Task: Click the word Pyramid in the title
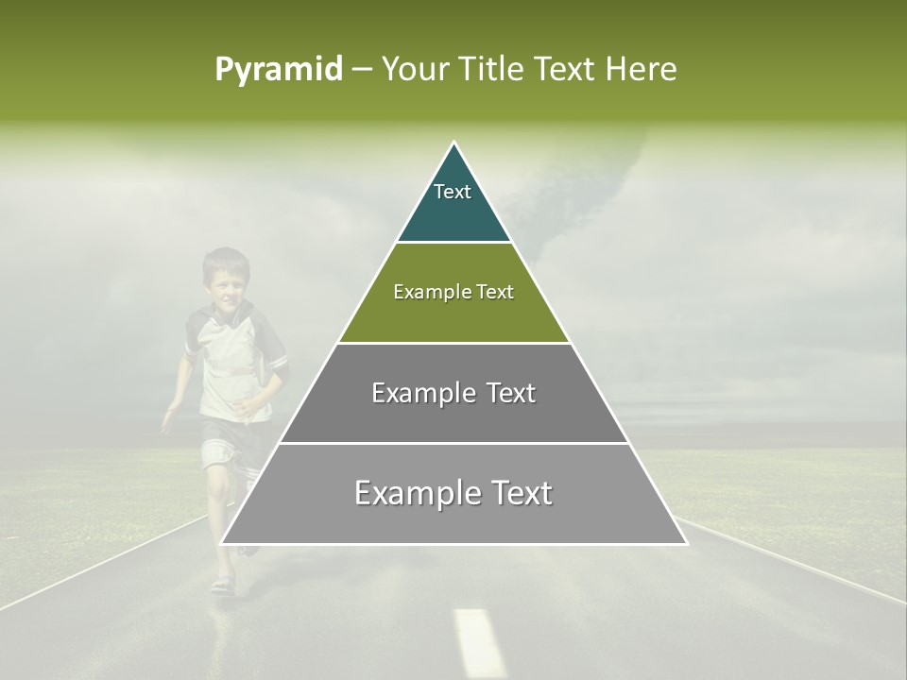278,70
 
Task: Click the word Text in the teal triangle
453,192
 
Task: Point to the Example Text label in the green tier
453,292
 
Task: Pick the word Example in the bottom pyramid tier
410,493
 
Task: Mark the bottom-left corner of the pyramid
222,543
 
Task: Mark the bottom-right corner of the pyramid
686,543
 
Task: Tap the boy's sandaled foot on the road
223,585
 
